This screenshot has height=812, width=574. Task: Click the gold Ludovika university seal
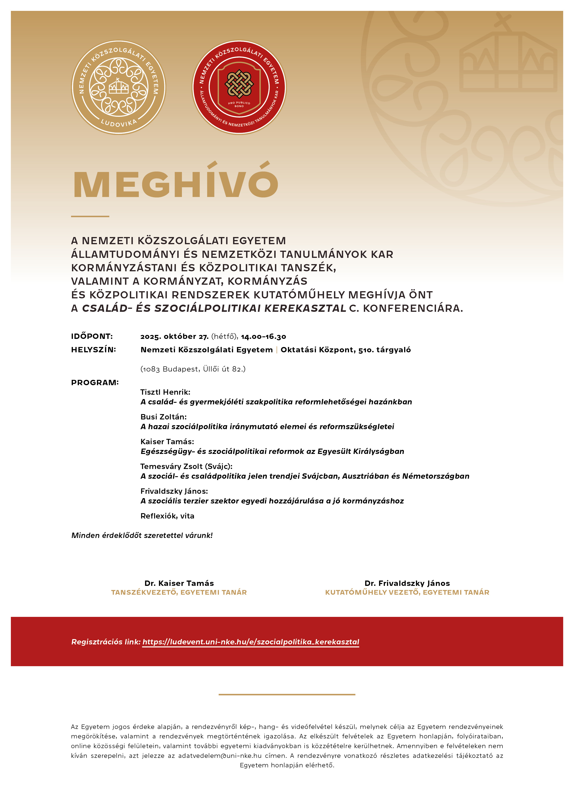(119, 87)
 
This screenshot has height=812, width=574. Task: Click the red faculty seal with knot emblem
(239, 87)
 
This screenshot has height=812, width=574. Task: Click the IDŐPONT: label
(92, 336)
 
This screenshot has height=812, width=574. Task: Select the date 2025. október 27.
(174, 336)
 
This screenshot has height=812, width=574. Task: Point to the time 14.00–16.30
(263, 336)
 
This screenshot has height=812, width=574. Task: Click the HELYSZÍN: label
(93, 350)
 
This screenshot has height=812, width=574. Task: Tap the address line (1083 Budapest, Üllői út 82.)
(193, 369)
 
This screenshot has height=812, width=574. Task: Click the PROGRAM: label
(95, 382)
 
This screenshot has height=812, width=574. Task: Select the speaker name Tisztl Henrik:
(165, 392)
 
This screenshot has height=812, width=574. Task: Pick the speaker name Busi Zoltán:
(163, 417)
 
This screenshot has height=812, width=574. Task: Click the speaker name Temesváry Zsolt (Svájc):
(186, 466)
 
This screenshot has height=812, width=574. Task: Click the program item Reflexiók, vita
(167, 516)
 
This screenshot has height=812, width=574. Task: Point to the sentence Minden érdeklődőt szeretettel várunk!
(142, 535)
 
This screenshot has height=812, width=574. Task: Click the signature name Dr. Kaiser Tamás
(179, 583)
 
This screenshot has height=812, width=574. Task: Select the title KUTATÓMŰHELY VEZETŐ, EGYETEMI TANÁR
(407, 592)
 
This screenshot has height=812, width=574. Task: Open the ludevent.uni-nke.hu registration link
(251, 642)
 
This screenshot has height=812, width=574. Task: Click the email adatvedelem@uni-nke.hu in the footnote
(220, 756)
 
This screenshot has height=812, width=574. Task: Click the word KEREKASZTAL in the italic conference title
(305, 308)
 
